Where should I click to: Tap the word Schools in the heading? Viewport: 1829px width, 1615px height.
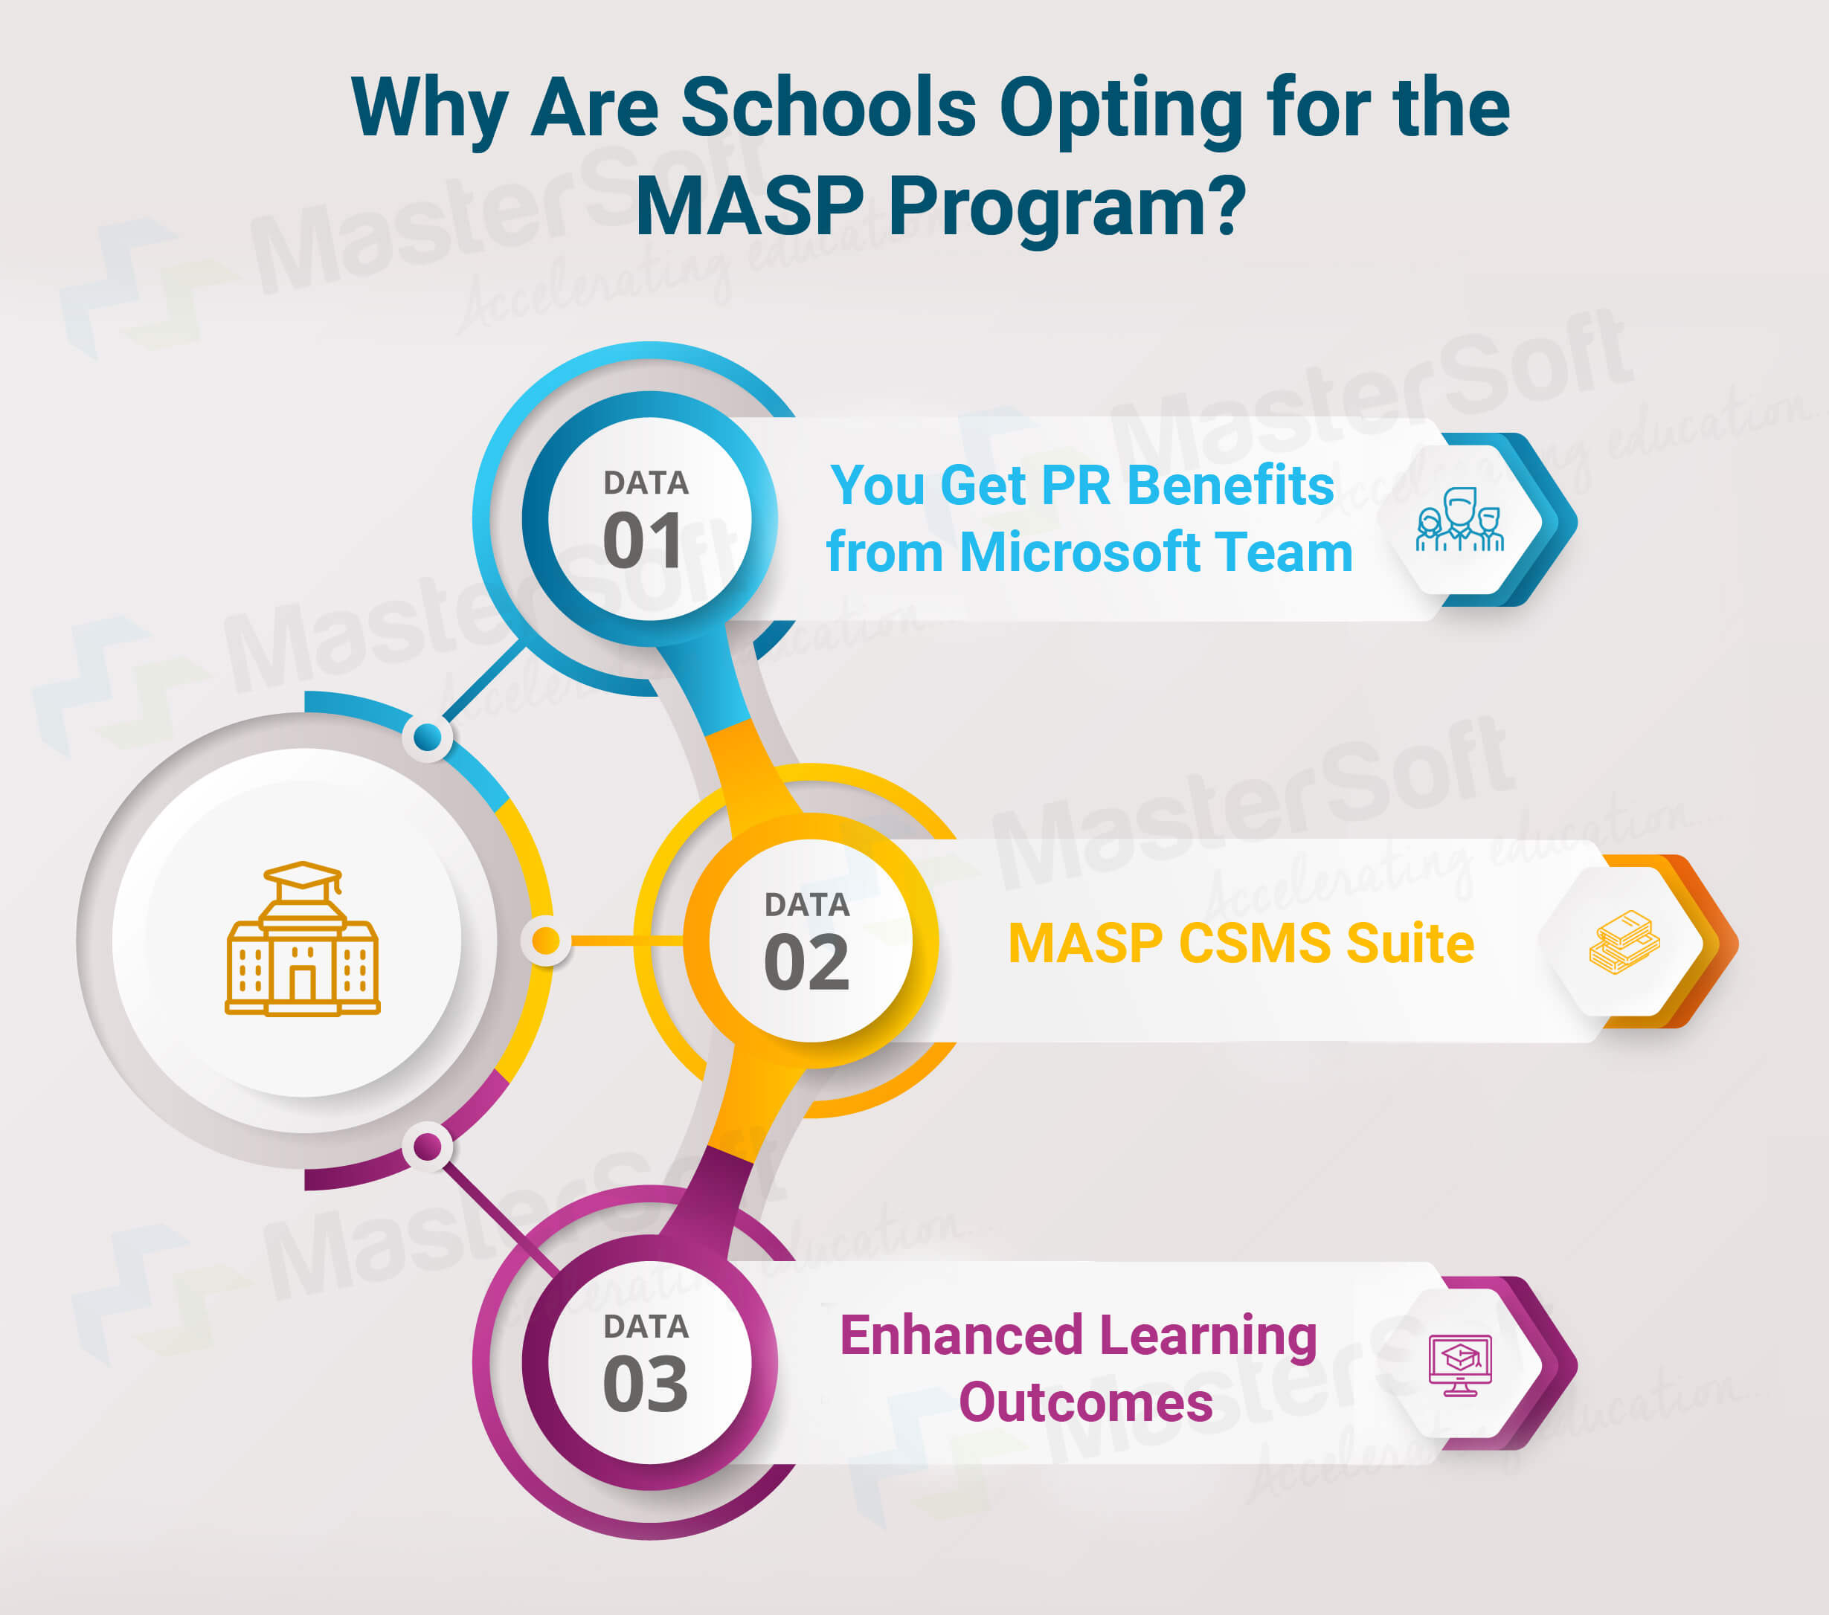click(x=828, y=107)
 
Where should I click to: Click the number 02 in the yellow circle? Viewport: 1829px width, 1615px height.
click(x=806, y=963)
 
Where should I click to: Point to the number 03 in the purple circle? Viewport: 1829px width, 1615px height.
click(x=645, y=1384)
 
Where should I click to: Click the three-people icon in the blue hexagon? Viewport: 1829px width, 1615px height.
click(x=1459, y=520)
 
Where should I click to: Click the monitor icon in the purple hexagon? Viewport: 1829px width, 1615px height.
click(x=1459, y=1364)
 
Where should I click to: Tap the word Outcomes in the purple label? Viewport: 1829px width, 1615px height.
click(x=1085, y=1402)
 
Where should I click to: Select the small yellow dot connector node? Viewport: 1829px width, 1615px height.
click(x=545, y=941)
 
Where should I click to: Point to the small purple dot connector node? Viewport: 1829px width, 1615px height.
click(x=427, y=1146)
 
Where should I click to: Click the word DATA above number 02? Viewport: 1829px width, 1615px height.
click(x=806, y=905)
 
